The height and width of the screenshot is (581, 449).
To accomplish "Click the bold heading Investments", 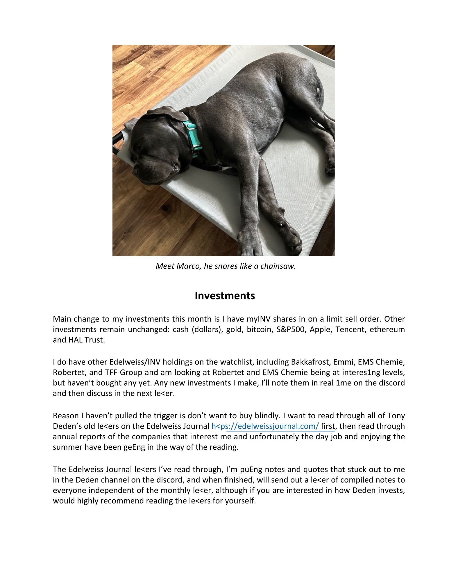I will coord(225,295).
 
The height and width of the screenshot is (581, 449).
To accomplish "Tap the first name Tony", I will coord(396,416).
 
